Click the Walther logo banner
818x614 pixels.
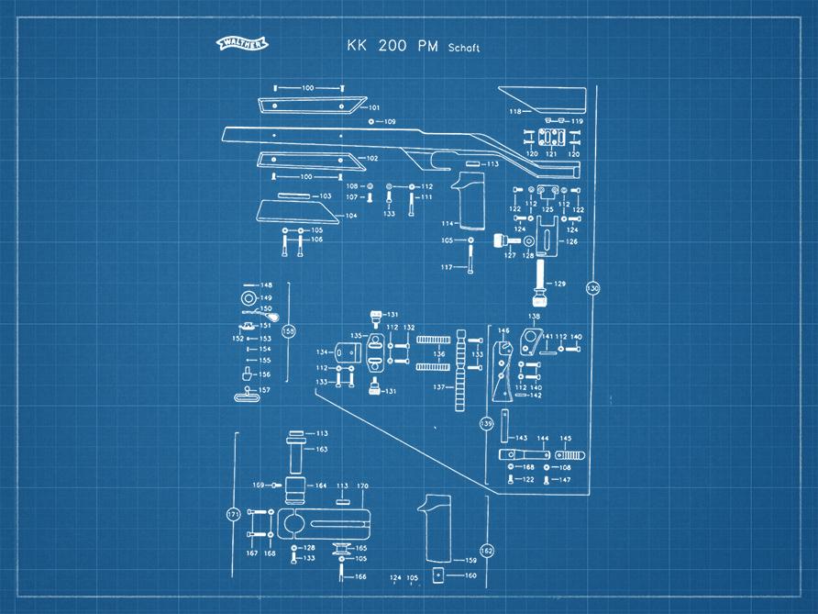[242, 42]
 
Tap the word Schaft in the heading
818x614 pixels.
[464, 48]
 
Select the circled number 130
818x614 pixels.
[592, 288]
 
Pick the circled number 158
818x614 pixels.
[289, 331]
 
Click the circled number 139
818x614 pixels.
[487, 423]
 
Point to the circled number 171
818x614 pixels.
[233, 516]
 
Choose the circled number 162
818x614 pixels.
[487, 550]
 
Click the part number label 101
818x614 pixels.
[374, 108]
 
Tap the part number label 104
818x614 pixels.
[351, 217]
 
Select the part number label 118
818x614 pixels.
[515, 112]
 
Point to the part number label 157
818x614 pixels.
[265, 391]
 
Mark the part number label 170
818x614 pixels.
[362, 486]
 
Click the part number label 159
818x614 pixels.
[471, 560]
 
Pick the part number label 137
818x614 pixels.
[438, 386]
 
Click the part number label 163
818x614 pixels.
[322, 450]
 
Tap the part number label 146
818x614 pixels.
[503, 330]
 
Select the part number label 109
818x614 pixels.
[390, 122]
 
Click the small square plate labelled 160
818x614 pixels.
[439, 575]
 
